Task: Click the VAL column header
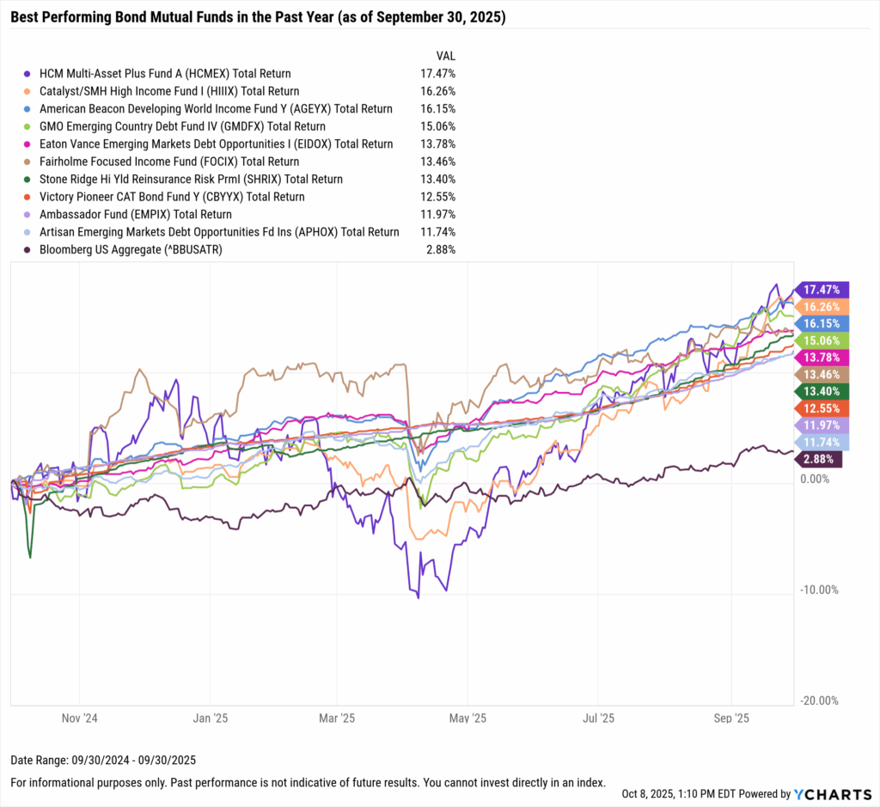pyautogui.click(x=446, y=55)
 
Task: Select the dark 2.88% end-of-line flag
pyautogui.click(x=819, y=460)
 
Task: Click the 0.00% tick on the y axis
pyautogui.click(x=814, y=479)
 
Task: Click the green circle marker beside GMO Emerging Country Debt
pyautogui.click(x=28, y=126)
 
